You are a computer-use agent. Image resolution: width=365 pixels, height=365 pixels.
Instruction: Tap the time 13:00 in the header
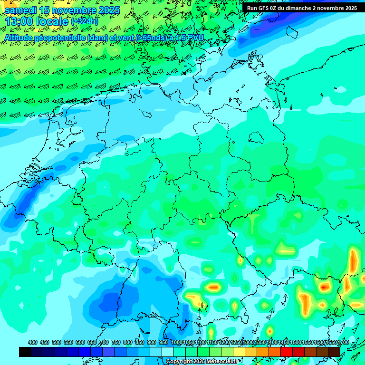click(19, 21)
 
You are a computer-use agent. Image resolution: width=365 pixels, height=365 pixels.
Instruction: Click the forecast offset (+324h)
click(84, 21)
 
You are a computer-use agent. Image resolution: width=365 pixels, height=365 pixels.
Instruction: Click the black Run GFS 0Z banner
click(302, 8)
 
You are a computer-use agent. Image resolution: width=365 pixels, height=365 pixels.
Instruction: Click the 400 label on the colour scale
click(33, 342)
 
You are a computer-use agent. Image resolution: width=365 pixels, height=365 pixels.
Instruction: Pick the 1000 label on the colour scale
click(176, 342)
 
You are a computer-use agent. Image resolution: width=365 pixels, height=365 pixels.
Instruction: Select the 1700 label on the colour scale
click(330, 342)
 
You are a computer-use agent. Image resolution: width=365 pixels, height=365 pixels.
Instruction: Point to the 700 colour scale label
click(104, 342)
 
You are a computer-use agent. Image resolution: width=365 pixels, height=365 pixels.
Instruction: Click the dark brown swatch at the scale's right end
click(334, 352)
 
